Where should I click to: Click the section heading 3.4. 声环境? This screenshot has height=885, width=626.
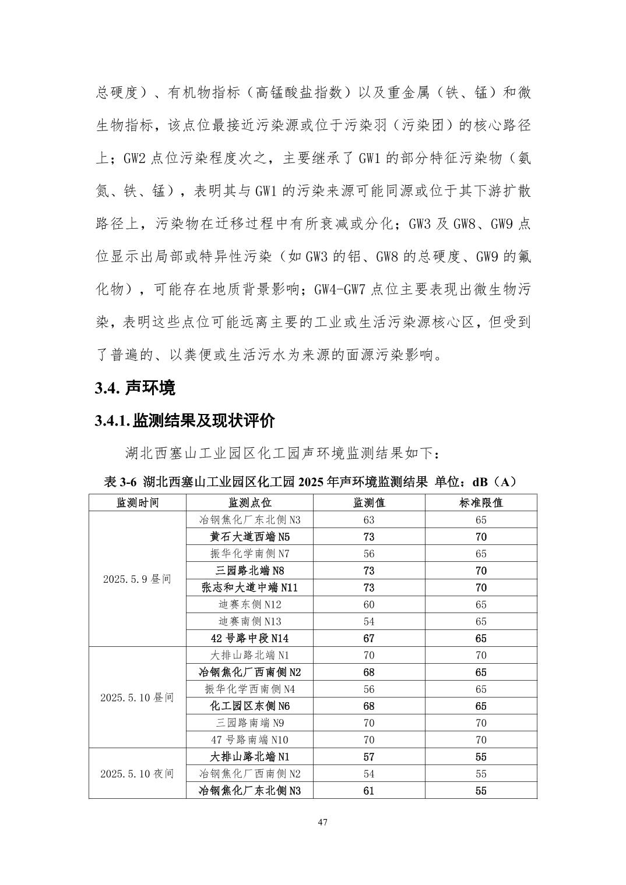[x=135, y=388]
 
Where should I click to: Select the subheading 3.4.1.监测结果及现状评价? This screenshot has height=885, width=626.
[x=185, y=420]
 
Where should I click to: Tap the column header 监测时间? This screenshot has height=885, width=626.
[x=138, y=502]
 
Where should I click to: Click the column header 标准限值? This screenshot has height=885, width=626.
[x=480, y=502]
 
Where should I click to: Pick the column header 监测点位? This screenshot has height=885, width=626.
[x=249, y=502]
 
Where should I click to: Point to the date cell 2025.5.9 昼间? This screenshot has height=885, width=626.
[x=138, y=579]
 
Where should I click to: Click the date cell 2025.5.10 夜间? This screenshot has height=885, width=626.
[x=138, y=773]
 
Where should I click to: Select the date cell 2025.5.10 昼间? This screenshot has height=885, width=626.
[x=138, y=697]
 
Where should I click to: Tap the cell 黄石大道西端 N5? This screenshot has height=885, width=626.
[x=249, y=537]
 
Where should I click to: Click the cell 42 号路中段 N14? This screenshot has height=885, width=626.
[x=249, y=638]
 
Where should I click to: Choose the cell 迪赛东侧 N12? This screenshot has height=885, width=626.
[x=249, y=604]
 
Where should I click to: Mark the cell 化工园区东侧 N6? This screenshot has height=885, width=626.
[x=249, y=706]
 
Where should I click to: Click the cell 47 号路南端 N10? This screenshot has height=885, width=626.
[x=249, y=739]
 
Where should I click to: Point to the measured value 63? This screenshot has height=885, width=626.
[x=368, y=520]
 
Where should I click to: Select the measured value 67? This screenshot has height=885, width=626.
[x=368, y=638]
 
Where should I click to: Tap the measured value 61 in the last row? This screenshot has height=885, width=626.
[x=368, y=790]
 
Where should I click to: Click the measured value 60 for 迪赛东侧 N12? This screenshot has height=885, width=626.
[x=368, y=604]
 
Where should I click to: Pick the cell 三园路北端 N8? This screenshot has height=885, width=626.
[x=249, y=571]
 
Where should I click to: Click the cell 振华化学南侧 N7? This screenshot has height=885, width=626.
[x=249, y=554]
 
